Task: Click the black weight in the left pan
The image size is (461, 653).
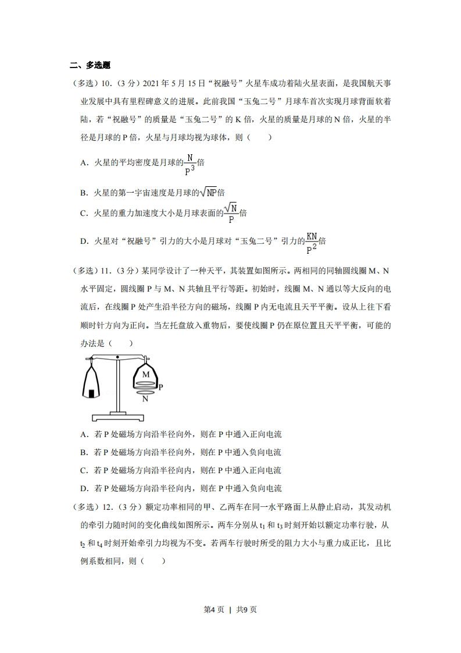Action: [91, 395]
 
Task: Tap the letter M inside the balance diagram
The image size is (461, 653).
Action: [145, 375]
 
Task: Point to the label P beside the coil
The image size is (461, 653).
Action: [160, 386]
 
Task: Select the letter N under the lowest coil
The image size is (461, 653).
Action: [145, 399]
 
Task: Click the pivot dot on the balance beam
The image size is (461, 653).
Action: [118, 356]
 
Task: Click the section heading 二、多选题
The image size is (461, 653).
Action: [90, 65]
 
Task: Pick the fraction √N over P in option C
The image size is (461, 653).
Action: [232, 213]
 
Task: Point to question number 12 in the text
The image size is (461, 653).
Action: [106, 507]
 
